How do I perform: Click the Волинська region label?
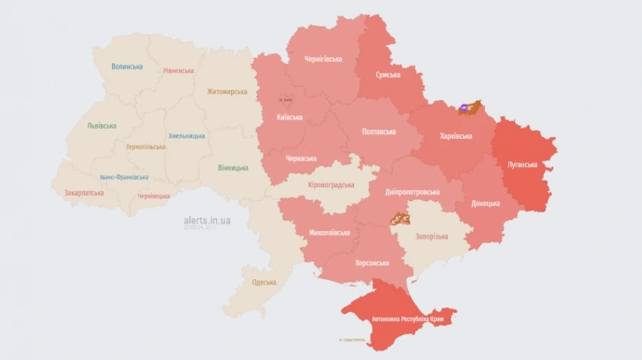coord(127,66)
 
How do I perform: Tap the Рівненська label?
coord(178,71)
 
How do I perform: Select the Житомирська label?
coord(227,91)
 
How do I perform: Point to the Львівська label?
coord(102,125)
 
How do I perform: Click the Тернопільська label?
coord(146,147)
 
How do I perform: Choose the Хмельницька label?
coord(186,135)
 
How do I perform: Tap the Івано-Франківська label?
coord(124,177)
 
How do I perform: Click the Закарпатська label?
coord(84,192)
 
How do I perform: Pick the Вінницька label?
coord(233,168)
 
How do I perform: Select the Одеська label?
coord(265,282)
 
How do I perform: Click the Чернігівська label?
coord(323,58)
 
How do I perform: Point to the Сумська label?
coord(388,74)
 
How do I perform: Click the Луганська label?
coord(522,164)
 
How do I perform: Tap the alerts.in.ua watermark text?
coord(207,220)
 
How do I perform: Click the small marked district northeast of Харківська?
coord(470,108)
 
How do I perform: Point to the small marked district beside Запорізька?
coord(398,218)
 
